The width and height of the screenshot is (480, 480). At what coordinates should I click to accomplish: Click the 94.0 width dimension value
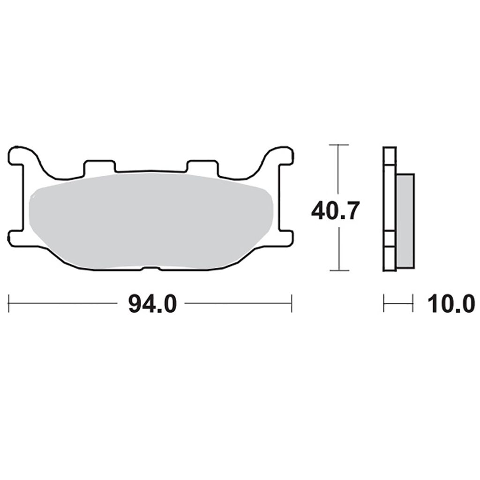pos(152,304)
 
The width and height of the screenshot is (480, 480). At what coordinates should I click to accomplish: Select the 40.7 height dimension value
pos(334,211)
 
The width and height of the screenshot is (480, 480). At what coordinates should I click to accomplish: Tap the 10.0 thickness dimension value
pos(451,304)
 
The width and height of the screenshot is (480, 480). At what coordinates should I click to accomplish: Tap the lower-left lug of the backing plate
pos(16,238)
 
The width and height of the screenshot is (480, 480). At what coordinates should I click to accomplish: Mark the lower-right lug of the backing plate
pos(286,238)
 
